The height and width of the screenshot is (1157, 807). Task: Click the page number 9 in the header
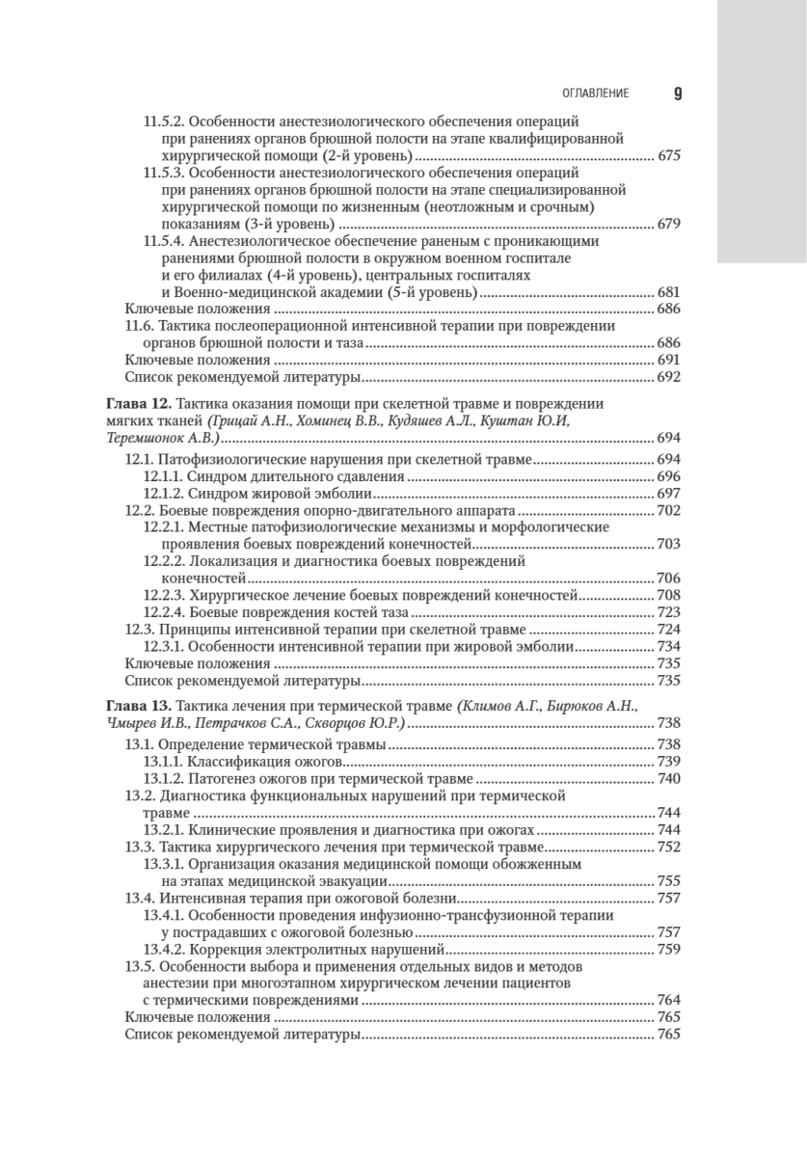(677, 94)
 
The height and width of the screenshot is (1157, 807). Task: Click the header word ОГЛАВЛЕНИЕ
(596, 94)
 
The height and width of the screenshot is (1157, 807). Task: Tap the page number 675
(668, 155)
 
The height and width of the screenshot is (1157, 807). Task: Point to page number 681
(668, 292)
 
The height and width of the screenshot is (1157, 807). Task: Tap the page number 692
(668, 378)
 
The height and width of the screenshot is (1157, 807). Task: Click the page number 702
(668, 510)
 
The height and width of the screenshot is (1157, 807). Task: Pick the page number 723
(668, 612)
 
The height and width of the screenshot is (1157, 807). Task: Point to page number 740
(668, 779)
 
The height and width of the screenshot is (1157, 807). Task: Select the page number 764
(668, 1001)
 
